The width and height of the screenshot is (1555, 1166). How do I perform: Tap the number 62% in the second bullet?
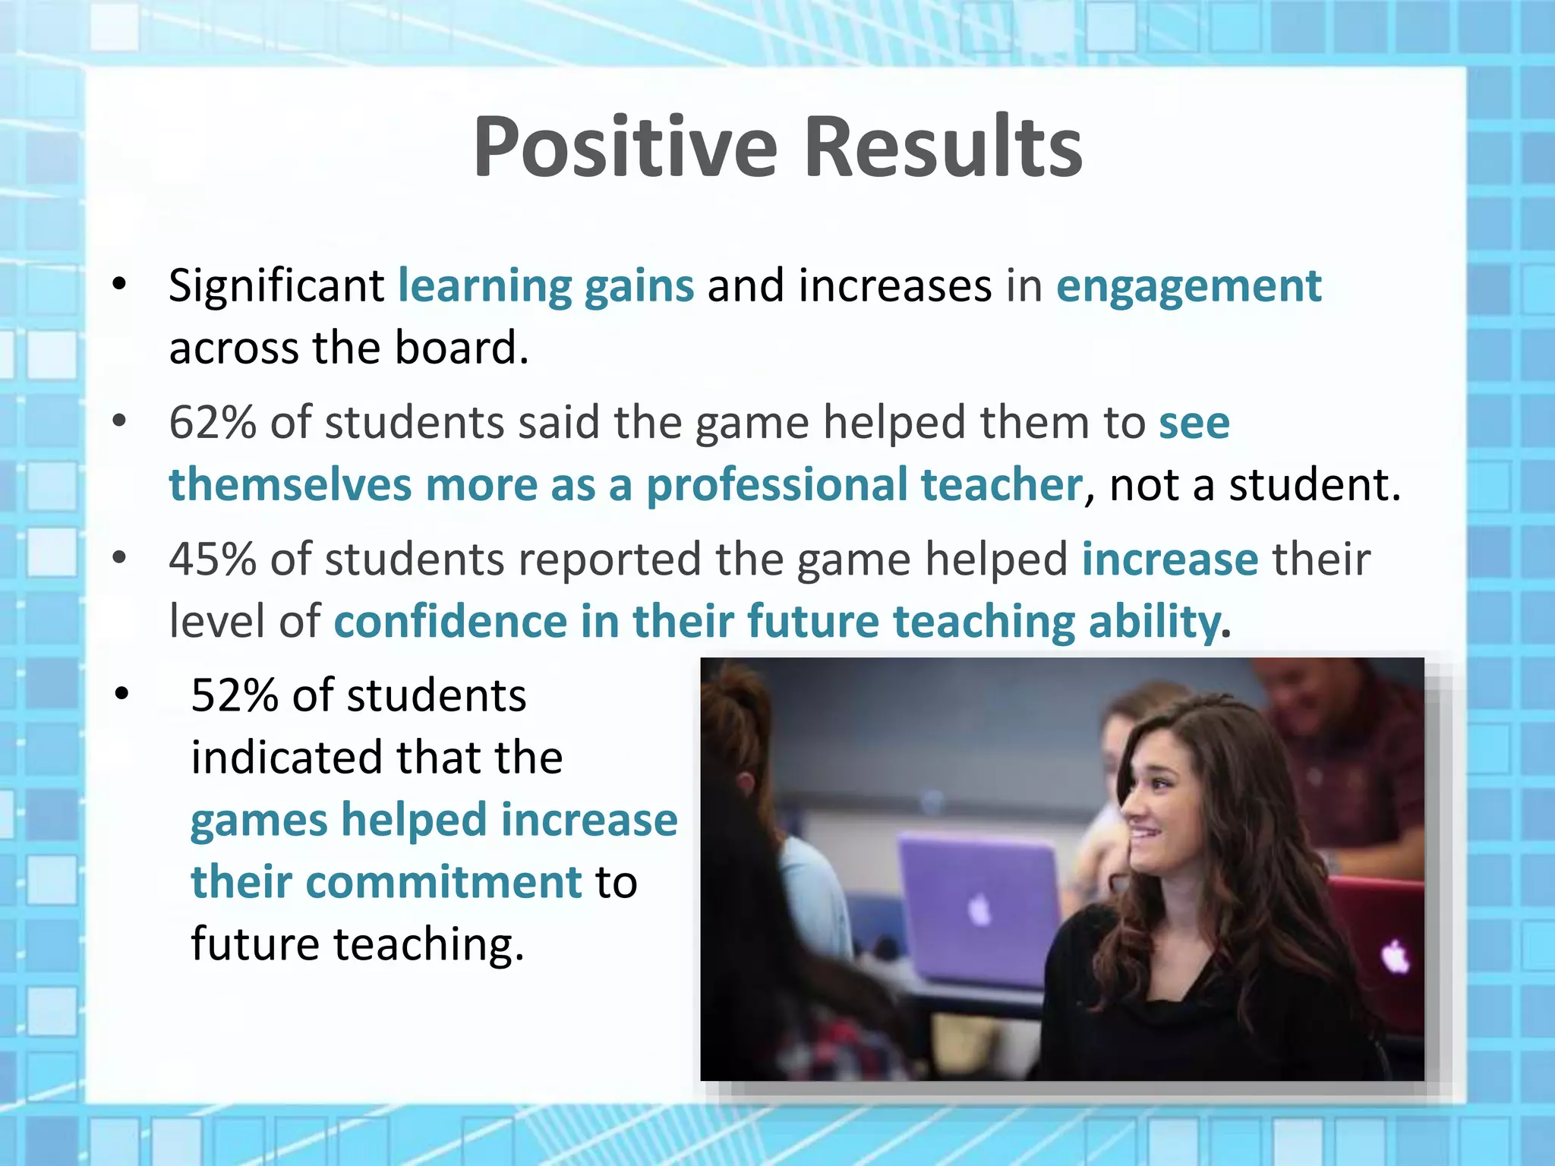click(213, 422)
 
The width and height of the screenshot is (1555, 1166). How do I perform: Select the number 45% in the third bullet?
click(213, 559)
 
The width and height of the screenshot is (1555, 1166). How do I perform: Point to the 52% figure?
click(235, 695)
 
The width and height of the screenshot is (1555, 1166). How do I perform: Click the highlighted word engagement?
click(1189, 287)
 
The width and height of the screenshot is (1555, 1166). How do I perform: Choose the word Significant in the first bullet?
click(276, 287)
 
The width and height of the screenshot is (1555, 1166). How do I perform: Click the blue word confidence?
click(450, 622)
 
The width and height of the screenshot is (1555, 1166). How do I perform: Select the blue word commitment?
click(443, 882)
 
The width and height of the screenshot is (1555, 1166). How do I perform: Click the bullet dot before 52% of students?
click(122, 694)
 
